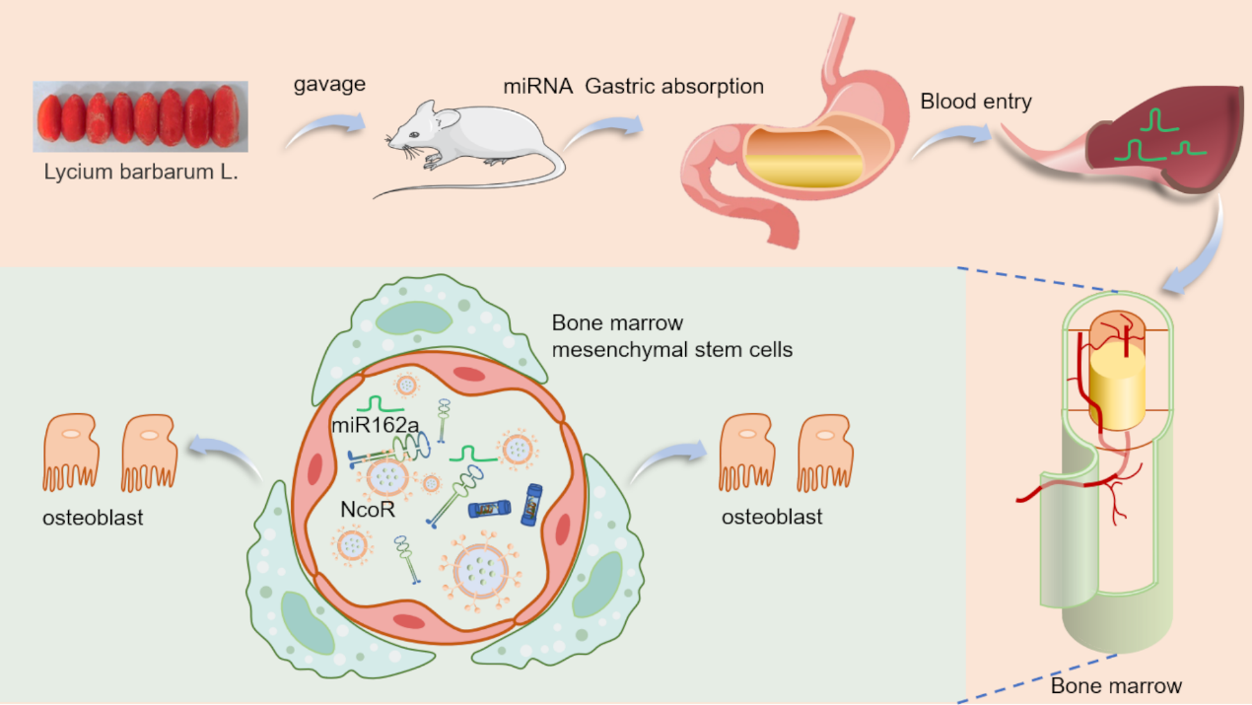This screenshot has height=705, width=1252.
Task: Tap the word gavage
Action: [x=329, y=84]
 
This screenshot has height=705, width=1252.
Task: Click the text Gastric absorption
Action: [x=674, y=86]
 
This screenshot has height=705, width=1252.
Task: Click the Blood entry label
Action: [x=976, y=102]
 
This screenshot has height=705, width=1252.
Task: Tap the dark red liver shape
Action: [x=1163, y=138]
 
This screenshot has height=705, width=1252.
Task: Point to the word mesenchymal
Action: [x=610, y=349]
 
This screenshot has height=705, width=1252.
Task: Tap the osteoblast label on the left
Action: [x=94, y=517]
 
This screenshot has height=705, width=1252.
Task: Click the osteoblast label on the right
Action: [x=772, y=517]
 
